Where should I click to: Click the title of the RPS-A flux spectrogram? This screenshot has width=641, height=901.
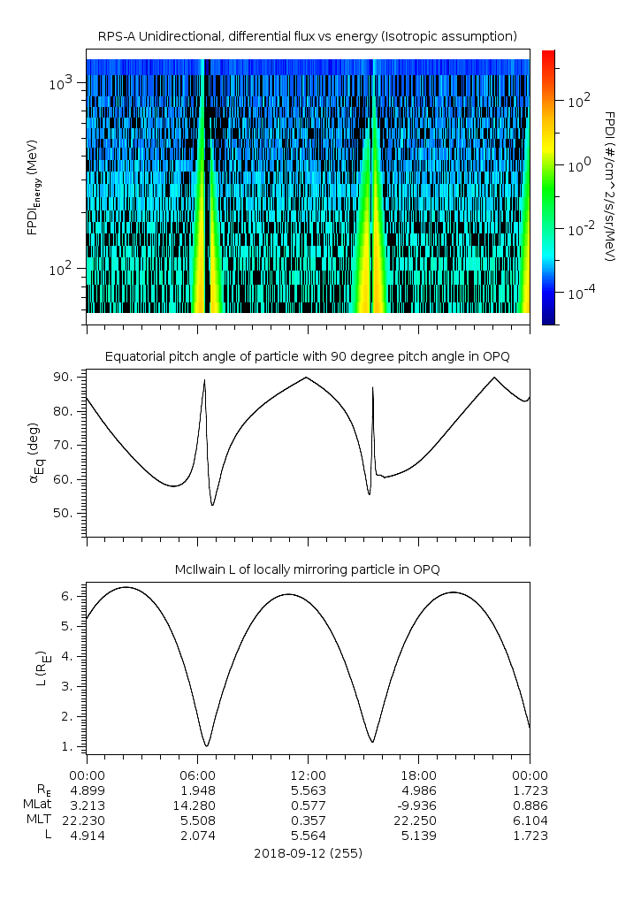(307, 36)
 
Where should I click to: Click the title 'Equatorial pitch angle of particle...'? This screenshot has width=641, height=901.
(307, 356)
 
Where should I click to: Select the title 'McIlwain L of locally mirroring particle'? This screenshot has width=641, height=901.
(307, 568)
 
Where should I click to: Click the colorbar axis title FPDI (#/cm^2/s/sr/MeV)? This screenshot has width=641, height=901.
(609, 187)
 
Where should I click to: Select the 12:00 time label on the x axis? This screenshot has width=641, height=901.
(308, 775)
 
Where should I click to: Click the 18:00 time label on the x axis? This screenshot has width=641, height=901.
(418, 775)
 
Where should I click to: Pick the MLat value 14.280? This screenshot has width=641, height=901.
(197, 806)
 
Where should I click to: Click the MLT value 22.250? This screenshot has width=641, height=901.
(418, 821)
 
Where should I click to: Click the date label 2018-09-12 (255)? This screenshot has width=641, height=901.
(308, 853)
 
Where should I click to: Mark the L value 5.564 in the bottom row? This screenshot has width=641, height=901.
(308, 836)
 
